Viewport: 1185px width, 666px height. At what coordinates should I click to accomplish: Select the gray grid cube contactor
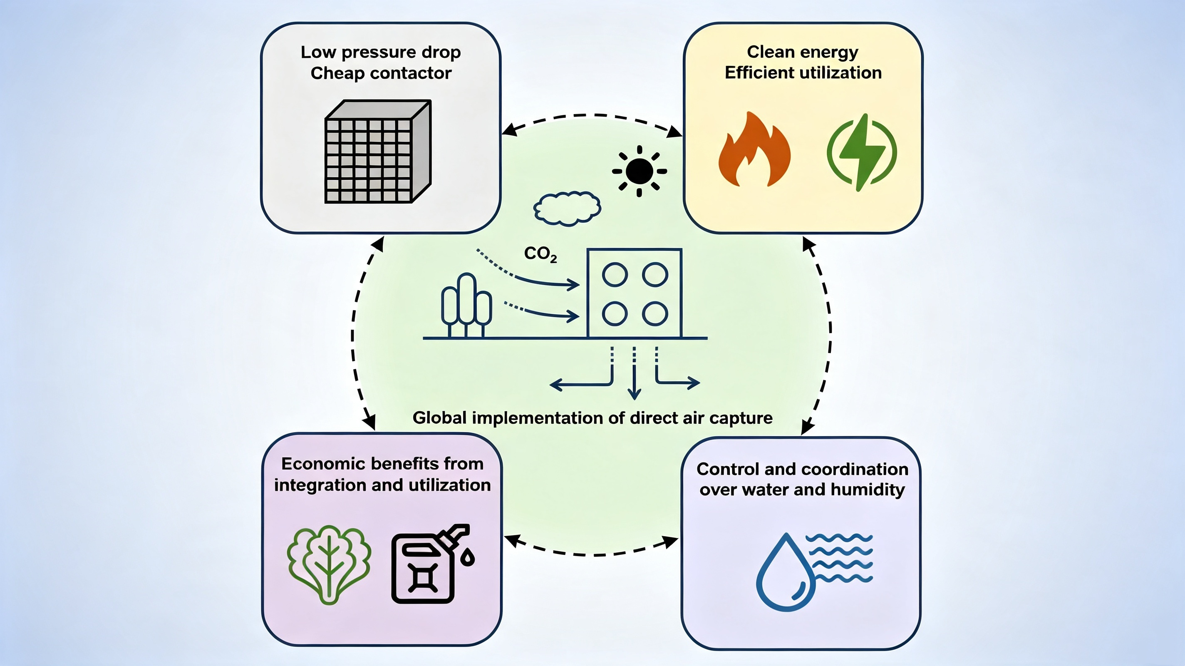click(378, 152)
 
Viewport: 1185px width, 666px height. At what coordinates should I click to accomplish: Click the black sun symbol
click(640, 171)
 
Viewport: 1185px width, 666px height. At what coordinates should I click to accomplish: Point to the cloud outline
click(567, 209)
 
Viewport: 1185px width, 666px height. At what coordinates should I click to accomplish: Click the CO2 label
click(540, 253)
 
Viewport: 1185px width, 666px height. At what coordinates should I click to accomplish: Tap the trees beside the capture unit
click(466, 305)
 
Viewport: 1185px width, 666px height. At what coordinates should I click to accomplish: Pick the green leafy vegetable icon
click(329, 564)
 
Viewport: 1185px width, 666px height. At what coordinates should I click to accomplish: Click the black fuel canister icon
click(430, 564)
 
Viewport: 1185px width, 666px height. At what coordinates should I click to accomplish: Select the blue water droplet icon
click(786, 573)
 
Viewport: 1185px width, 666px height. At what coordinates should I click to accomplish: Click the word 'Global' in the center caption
click(440, 417)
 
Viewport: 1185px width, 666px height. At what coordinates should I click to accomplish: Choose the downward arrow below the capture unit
click(635, 373)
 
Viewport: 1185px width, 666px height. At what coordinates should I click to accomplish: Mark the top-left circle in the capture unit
click(615, 275)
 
